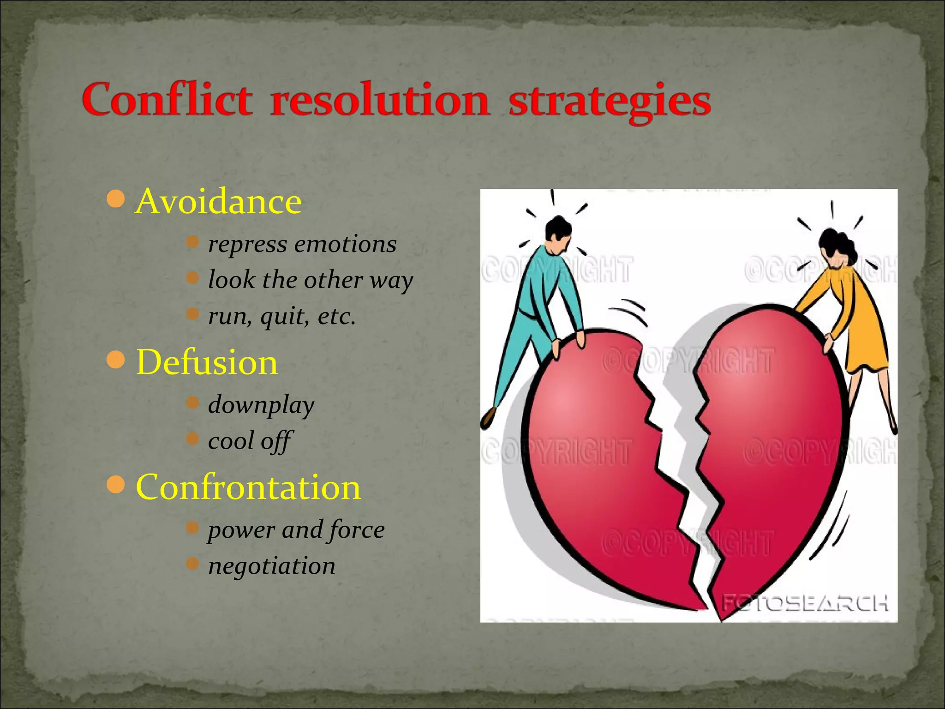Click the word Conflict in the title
167,100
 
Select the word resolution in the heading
379,100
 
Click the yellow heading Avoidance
218,202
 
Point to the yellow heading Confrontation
248,487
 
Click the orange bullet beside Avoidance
115,199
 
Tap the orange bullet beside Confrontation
115,485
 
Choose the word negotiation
272,566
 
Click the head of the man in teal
558,234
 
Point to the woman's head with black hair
836,247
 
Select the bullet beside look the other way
192,277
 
